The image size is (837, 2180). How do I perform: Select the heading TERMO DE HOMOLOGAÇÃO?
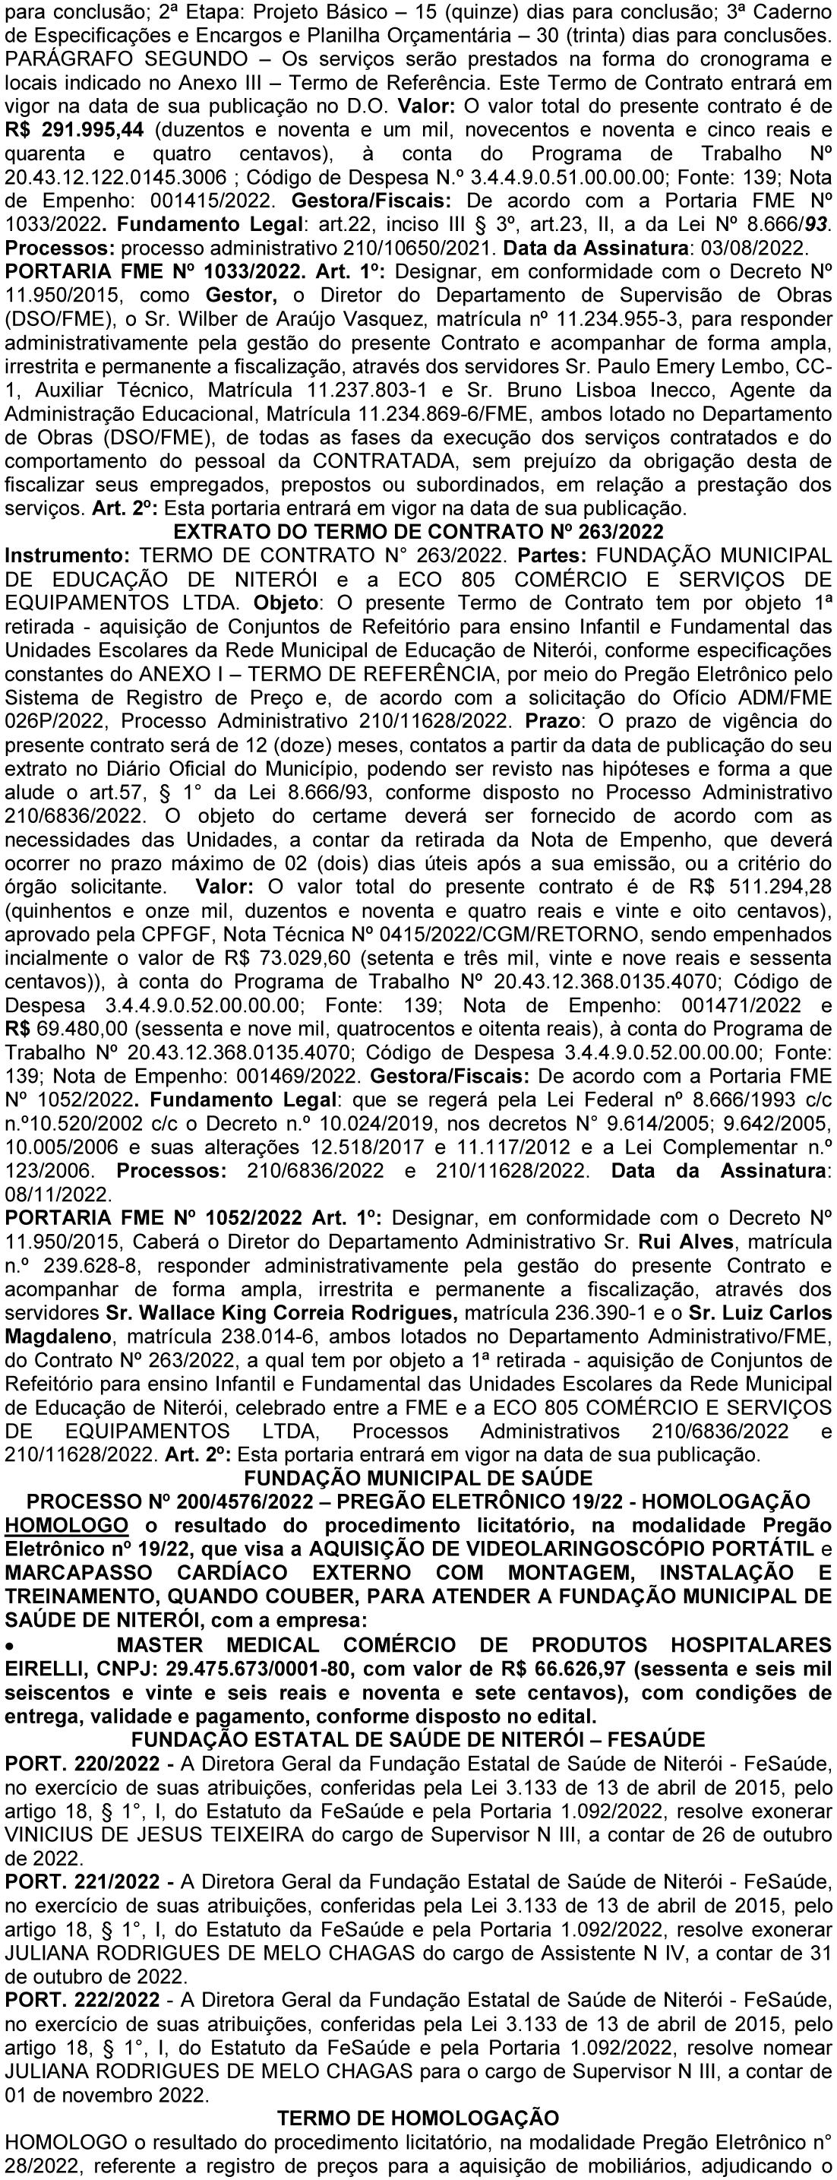418,2111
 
